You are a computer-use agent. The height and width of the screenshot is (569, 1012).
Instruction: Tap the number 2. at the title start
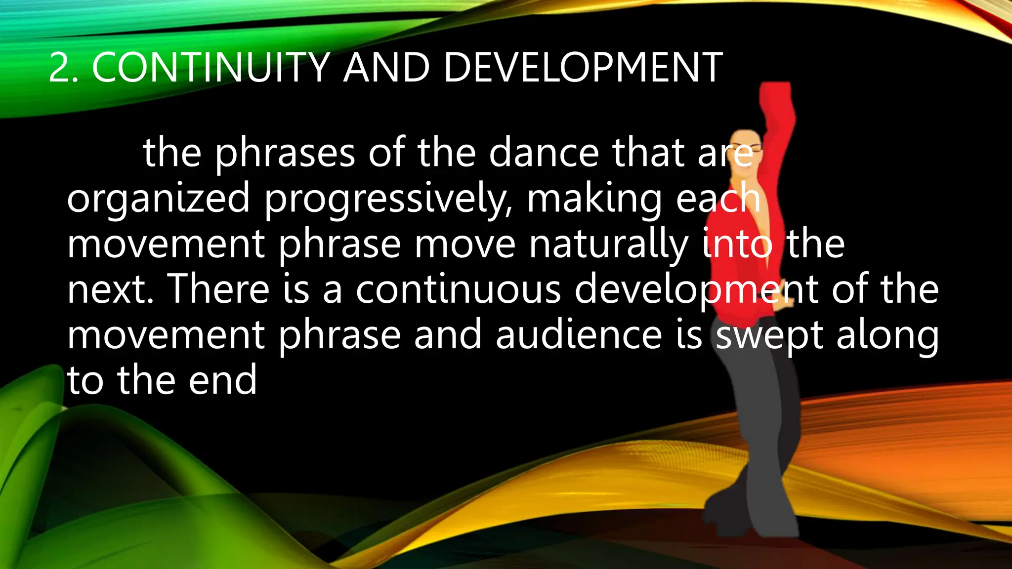click(64, 68)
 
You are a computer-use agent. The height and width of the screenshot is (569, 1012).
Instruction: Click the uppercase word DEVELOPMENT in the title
click(583, 68)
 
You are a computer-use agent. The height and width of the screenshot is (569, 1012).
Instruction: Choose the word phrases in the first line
click(285, 153)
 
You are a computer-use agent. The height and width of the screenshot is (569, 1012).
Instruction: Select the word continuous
click(458, 289)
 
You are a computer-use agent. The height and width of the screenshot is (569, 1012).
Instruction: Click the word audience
click(579, 335)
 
